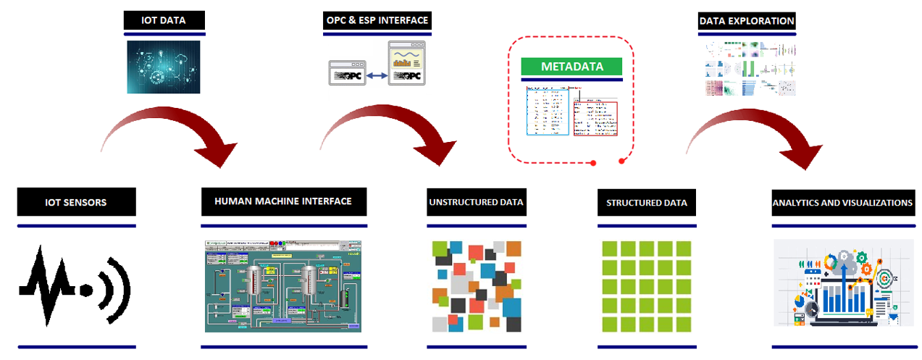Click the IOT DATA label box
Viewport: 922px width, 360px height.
click(x=164, y=20)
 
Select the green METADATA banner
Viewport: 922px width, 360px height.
click(x=571, y=67)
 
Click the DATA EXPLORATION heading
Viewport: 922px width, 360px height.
click(x=746, y=21)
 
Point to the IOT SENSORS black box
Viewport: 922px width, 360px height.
click(x=76, y=202)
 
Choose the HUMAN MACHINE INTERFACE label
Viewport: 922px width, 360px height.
click(x=283, y=201)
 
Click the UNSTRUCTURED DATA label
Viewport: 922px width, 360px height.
click(x=475, y=202)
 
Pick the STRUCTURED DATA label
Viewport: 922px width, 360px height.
click(x=646, y=202)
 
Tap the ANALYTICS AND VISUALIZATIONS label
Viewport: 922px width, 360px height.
click(x=842, y=202)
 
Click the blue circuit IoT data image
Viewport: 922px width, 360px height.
click(x=164, y=67)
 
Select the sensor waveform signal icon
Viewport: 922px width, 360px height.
click(x=75, y=285)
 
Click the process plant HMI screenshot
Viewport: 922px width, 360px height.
click(x=282, y=285)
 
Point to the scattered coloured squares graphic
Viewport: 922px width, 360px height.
click(x=476, y=285)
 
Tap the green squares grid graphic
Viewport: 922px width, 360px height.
click(x=647, y=285)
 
